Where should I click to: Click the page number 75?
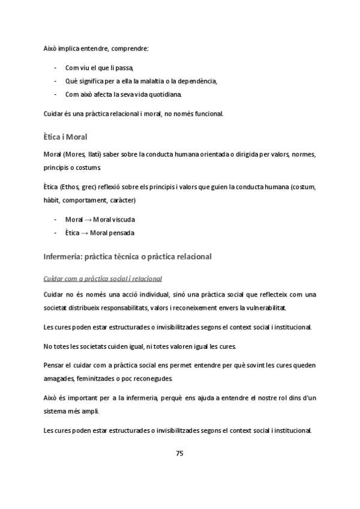tap(179, 453)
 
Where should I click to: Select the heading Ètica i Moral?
tap(66, 137)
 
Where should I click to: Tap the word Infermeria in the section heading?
tap(64, 257)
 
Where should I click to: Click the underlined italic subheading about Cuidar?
tap(103, 279)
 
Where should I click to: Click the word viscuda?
tap(122, 219)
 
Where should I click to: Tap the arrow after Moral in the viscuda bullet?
tap(88, 219)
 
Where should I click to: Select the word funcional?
tap(208, 113)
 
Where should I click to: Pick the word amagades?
tap(59, 379)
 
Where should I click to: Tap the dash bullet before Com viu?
tap(56, 68)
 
